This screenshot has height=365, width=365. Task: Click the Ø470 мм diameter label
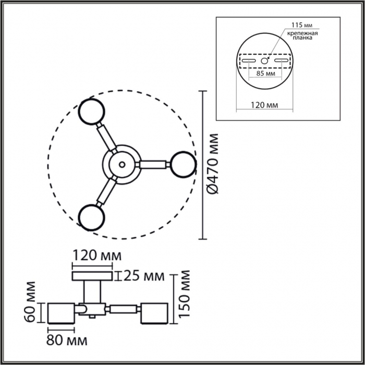(x=213, y=164)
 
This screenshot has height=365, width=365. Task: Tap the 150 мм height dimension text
(x=185, y=294)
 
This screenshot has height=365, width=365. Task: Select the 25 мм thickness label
(x=143, y=276)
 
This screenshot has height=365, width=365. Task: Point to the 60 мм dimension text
(x=30, y=302)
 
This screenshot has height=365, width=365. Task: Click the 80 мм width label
(x=67, y=340)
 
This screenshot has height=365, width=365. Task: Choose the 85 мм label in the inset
(x=265, y=74)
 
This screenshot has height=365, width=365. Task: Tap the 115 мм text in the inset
(x=302, y=25)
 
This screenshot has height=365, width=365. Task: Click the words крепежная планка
(x=302, y=35)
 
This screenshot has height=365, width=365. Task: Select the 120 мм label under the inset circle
(x=264, y=105)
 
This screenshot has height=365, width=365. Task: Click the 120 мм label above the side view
(x=97, y=256)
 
